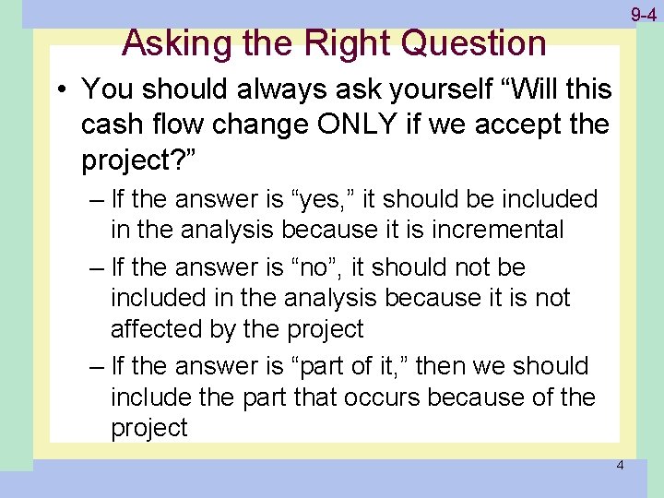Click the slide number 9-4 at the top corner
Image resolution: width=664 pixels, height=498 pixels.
(x=643, y=15)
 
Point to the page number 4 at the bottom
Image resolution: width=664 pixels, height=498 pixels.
(x=620, y=465)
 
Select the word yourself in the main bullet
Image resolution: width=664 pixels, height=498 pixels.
(x=424, y=89)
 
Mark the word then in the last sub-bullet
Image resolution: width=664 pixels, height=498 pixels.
(x=445, y=366)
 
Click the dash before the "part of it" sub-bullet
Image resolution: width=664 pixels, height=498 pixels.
(x=97, y=367)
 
